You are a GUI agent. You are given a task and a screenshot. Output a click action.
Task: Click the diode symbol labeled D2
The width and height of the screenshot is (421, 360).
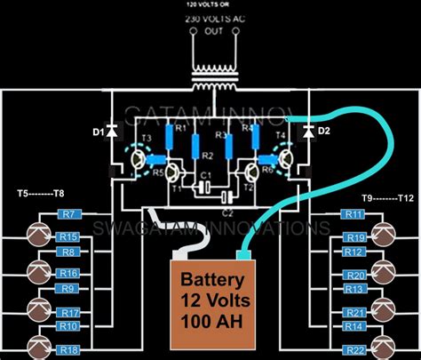click(x=307, y=132)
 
